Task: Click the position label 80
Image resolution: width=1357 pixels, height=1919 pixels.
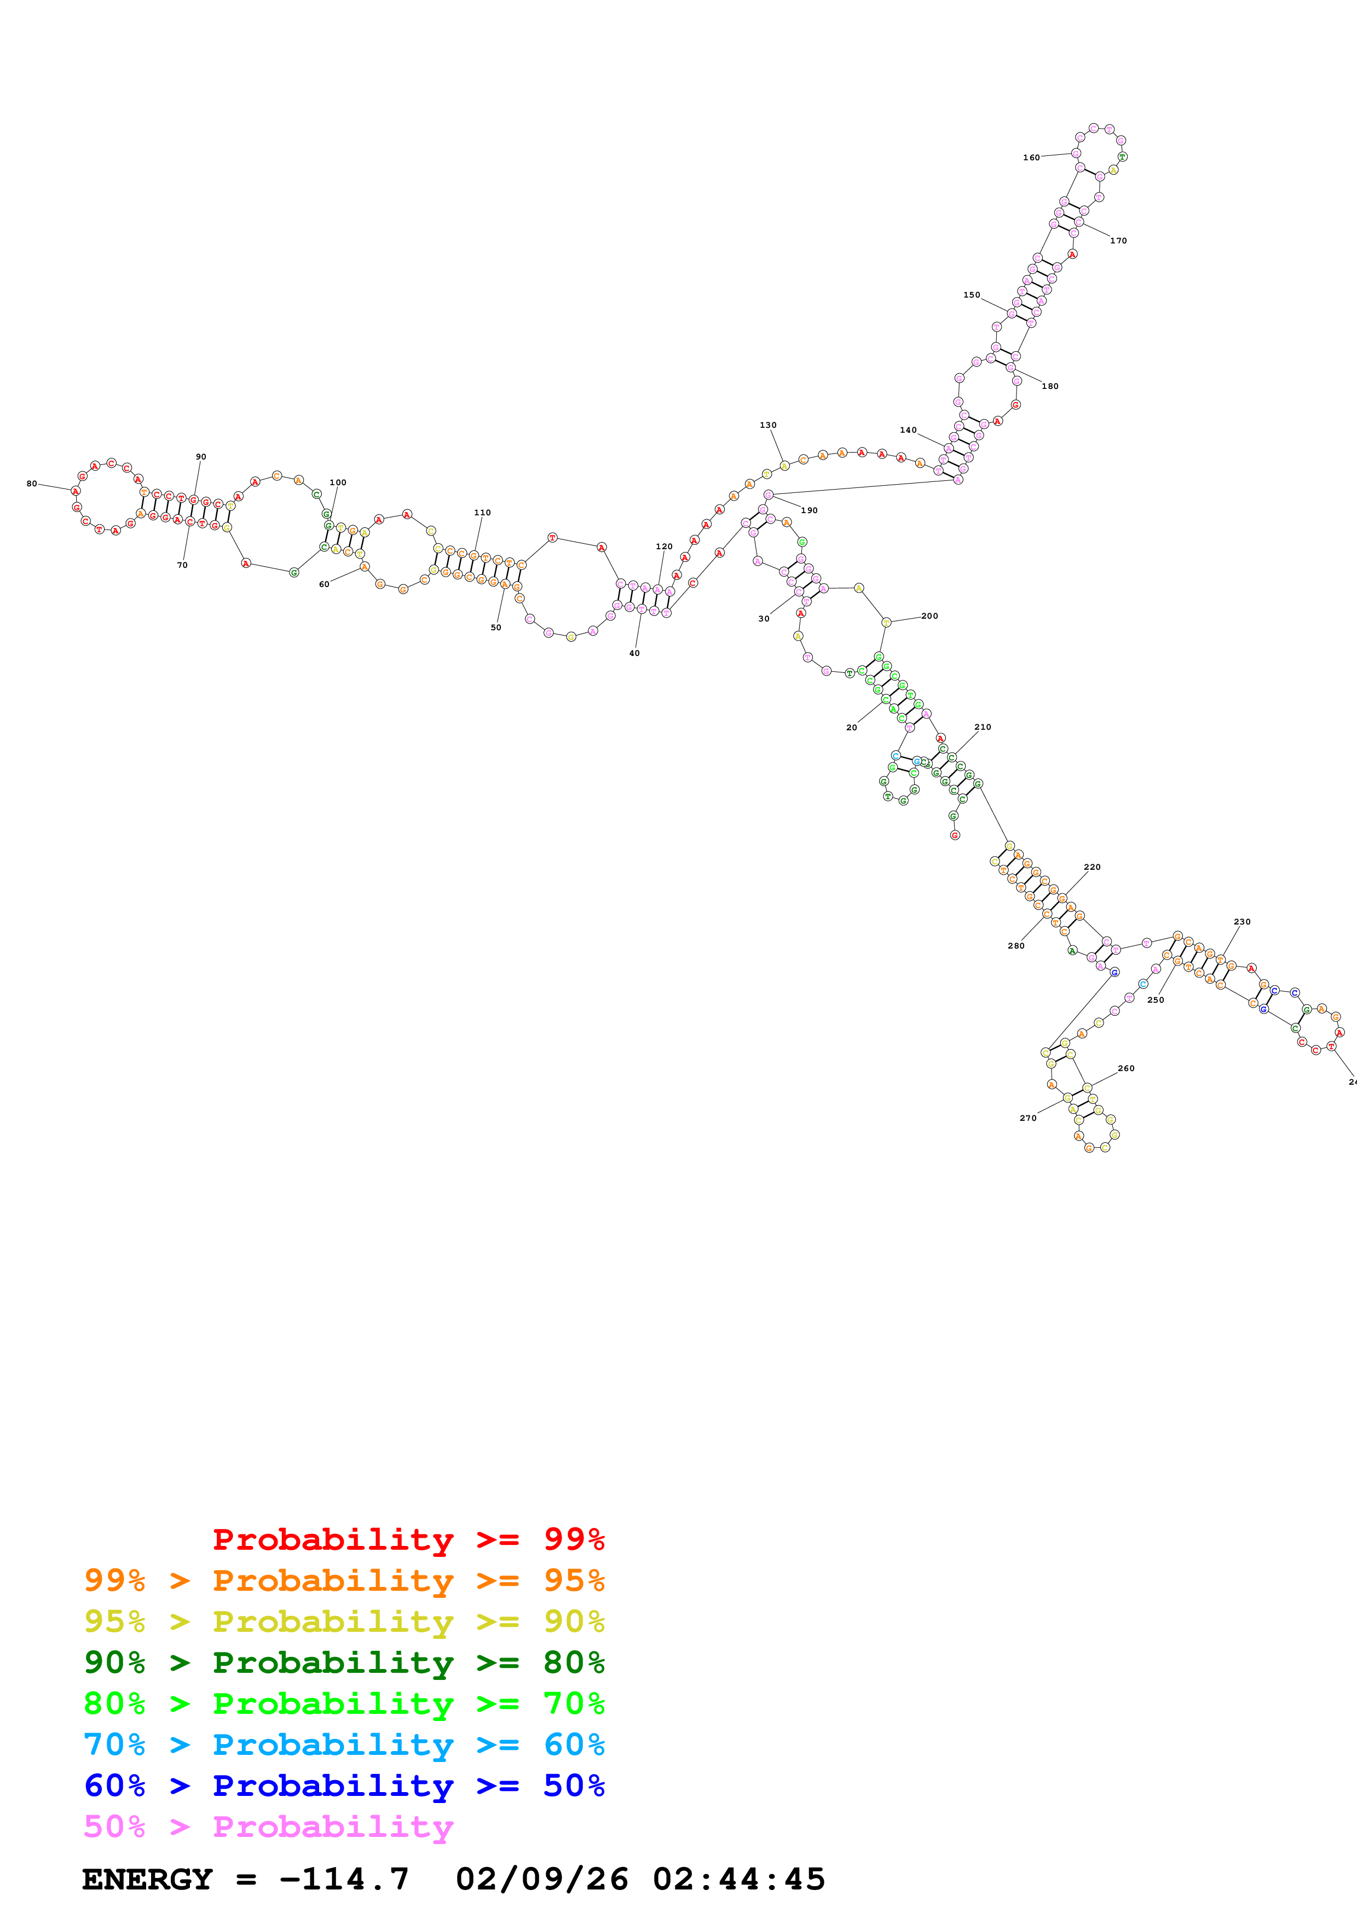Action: coord(32,484)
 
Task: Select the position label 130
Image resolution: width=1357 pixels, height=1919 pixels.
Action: coord(767,426)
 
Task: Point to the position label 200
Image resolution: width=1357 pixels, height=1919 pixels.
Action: coord(929,616)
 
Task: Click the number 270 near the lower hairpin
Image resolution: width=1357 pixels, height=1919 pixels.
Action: coord(1027,1118)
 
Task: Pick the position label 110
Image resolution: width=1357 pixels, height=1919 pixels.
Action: coord(482,513)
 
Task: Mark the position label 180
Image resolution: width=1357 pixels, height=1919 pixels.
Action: coord(1049,386)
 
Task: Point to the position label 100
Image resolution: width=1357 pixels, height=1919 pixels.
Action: coord(338,482)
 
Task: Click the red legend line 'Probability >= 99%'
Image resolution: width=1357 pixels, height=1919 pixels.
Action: coord(408,1539)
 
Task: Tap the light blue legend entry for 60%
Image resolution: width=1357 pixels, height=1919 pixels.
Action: coord(344,1744)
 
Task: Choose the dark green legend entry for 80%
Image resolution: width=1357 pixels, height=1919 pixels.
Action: coord(344,1662)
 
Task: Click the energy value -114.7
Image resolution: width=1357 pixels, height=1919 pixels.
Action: coord(344,1879)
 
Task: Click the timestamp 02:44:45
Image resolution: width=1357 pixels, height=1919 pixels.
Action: coord(738,1879)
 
